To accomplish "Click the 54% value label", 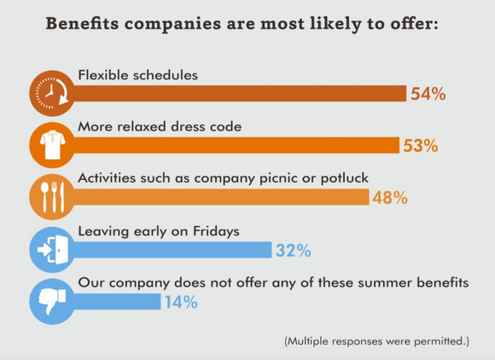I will point(428,94).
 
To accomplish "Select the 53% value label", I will point(420,146).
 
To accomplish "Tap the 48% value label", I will point(389,198).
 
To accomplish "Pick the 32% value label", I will point(292,251).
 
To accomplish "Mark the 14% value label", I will point(180,302).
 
